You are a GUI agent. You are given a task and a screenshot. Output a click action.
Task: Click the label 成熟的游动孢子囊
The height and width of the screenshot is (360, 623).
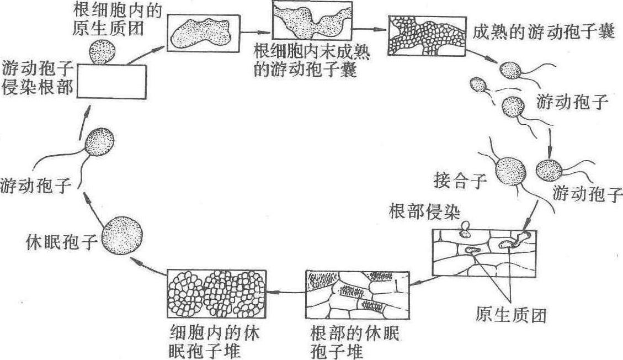coord(544,32)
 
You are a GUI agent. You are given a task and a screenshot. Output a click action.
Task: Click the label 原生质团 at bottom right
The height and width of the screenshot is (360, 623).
coord(510,315)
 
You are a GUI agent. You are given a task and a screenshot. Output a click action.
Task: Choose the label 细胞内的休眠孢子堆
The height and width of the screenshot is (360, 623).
coord(215,342)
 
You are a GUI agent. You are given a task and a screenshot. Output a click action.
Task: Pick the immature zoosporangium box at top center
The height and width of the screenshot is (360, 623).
coord(312,21)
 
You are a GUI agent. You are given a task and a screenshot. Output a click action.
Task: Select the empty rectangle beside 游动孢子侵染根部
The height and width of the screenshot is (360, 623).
coord(112,81)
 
